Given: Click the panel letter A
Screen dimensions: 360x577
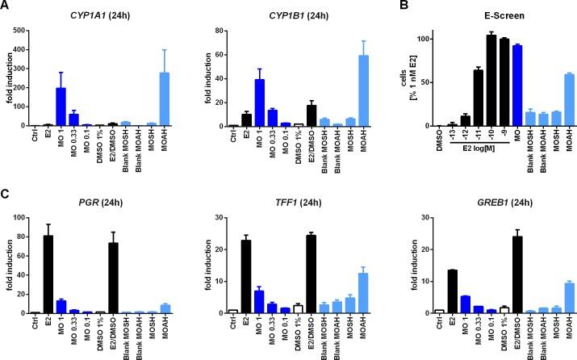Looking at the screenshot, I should click(6, 6).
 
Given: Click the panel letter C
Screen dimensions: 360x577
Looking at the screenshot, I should click(6, 193).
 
